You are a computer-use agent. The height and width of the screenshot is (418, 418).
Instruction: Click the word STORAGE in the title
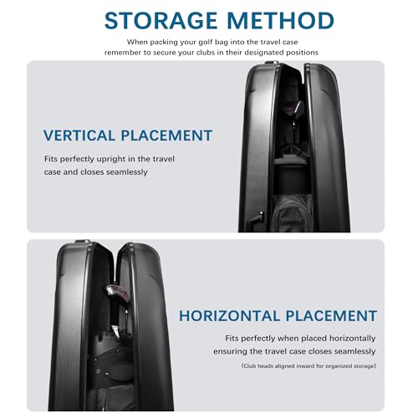coord(161,21)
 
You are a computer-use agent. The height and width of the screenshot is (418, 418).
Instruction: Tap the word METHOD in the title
coord(280,21)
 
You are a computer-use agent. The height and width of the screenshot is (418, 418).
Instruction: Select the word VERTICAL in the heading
coord(79,135)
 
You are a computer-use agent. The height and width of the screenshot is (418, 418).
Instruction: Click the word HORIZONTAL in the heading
coord(229,316)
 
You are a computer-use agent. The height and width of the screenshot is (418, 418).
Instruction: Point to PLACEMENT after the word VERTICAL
coord(166,135)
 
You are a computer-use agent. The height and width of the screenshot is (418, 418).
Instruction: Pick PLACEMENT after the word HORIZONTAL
coord(331,316)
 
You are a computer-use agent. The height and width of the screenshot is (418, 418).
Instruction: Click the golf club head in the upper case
coord(298,108)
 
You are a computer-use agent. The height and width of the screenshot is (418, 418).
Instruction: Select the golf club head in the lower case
coord(116,292)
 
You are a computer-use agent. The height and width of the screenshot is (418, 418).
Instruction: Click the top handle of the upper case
coord(271,62)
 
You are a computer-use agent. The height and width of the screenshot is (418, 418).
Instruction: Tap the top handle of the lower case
coord(83,241)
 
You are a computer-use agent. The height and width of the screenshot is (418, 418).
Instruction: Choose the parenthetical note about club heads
coord(308,366)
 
